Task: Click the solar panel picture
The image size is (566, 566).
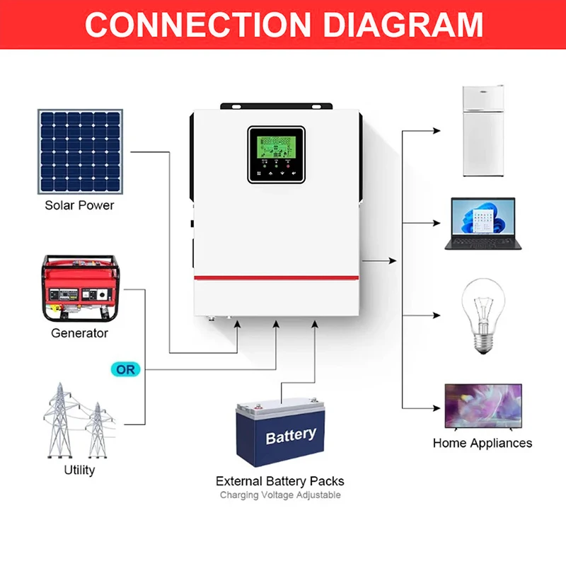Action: coord(80,151)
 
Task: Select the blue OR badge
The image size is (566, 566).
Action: coord(125,369)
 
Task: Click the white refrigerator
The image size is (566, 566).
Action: coord(484,131)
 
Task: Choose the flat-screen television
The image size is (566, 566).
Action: coord(483,406)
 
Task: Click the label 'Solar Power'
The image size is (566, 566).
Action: coord(79,205)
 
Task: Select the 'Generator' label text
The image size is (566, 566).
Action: coord(79,333)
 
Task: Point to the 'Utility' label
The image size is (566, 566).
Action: coord(79,470)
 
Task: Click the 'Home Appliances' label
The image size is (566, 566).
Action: coord(483,443)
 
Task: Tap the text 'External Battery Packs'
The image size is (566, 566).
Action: coord(280,481)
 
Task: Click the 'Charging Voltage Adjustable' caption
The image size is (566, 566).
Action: coord(280,495)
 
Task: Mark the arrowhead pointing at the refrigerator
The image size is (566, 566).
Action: coord(437,131)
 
